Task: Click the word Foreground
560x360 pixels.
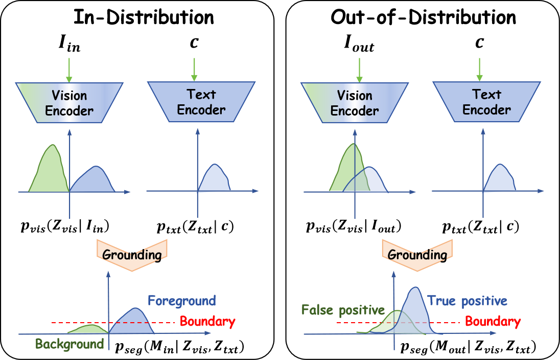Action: point(181,301)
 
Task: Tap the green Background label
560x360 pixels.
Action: point(69,344)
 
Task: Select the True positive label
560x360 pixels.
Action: point(467,301)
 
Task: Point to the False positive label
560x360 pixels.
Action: point(343,310)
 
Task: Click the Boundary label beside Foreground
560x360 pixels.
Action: point(207,322)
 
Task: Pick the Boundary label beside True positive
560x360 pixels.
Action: point(493,322)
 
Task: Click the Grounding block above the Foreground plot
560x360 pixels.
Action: point(132,254)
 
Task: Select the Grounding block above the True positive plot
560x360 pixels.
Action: point(417,254)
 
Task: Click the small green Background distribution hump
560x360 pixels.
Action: point(89,329)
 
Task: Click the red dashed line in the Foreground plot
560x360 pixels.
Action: point(77,323)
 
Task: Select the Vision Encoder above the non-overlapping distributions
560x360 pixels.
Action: point(69,102)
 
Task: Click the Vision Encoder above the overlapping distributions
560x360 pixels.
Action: point(354,102)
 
